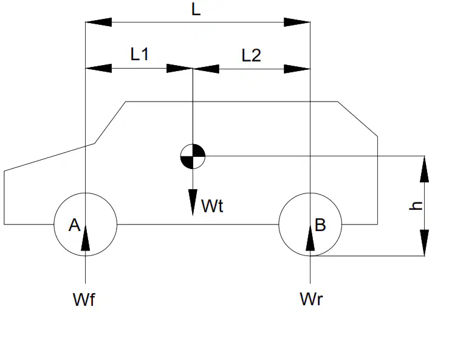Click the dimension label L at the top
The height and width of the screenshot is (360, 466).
(196, 10)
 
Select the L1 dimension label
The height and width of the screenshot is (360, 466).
(139, 54)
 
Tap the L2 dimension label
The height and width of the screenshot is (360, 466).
(251, 55)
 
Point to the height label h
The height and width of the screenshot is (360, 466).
(416, 206)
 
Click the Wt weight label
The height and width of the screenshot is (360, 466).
(212, 206)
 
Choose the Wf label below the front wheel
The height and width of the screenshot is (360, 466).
(84, 299)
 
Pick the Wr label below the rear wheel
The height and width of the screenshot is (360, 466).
(311, 299)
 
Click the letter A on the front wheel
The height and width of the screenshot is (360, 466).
(74, 225)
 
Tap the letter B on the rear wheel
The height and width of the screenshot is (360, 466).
(320, 225)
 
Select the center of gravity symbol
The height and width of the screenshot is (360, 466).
(193, 156)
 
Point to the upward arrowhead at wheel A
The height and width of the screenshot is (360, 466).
(85, 238)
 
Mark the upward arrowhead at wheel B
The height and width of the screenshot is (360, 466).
(310, 238)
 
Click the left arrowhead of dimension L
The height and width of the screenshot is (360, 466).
(98, 22)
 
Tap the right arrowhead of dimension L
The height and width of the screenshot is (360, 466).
(297, 22)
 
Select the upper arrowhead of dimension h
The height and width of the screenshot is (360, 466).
(425, 169)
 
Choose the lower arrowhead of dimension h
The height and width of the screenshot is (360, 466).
(425, 243)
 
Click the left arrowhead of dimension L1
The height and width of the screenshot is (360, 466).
(98, 69)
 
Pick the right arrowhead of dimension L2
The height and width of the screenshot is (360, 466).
(297, 69)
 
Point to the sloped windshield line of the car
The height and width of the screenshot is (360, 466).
(110, 123)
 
